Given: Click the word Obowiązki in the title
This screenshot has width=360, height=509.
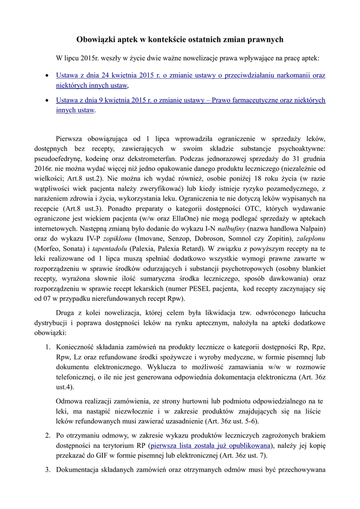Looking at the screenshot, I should coord(96,39).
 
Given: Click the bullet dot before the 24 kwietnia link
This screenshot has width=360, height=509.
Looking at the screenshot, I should coord(47,76).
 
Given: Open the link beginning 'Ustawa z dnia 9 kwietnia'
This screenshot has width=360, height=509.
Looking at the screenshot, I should coord(190,100).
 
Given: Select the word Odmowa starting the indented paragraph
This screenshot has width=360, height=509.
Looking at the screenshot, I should coord(70,401).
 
